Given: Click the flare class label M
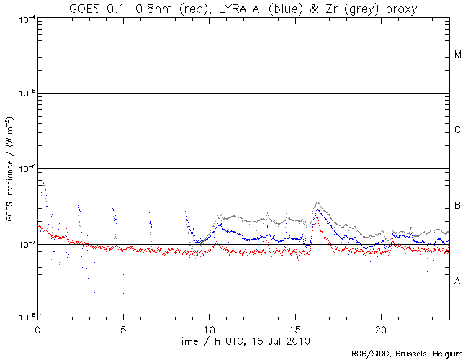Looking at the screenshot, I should (458, 55).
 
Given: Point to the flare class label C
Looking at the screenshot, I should (458, 130).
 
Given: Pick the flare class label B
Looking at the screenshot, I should (458, 207).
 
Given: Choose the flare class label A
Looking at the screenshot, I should (458, 282).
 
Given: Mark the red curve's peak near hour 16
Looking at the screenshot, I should (316, 217).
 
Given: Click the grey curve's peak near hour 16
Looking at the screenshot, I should (318, 203).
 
